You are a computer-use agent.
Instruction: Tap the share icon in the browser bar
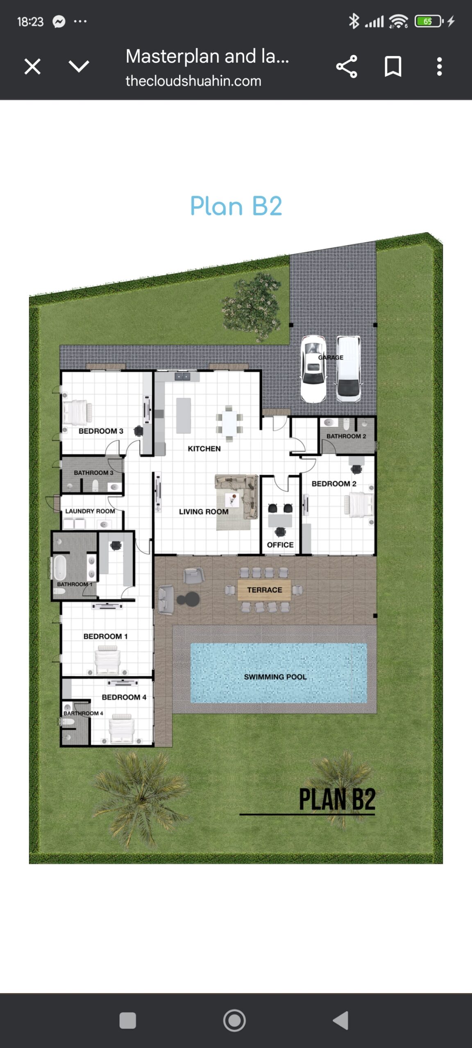coord(347,66)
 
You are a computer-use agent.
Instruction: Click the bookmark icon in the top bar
coord(393,66)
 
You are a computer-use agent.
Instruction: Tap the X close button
coord(32,66)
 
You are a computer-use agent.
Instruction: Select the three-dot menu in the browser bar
coord(439,66)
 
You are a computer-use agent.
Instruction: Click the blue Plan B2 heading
coord(236,206)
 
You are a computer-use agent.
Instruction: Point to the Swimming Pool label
coord(275,677)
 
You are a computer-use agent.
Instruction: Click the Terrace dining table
coord(264,589)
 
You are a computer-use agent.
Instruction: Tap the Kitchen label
coord(204,449)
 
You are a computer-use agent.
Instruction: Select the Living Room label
coord(204,512)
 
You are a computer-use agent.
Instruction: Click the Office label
coord(280,545)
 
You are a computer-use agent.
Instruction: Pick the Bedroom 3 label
coord(101,431)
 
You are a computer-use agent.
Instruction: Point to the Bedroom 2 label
coord(334,483)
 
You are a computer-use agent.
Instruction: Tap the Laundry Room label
coord(90,511)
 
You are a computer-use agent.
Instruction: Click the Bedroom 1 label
coord(105,636)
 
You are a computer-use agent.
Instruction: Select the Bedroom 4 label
coord(124,697)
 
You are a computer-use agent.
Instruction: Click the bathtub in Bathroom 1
coord(60,567)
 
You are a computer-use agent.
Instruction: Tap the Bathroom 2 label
coord(346,436)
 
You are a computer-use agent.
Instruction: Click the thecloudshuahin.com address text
coord(193,81)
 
